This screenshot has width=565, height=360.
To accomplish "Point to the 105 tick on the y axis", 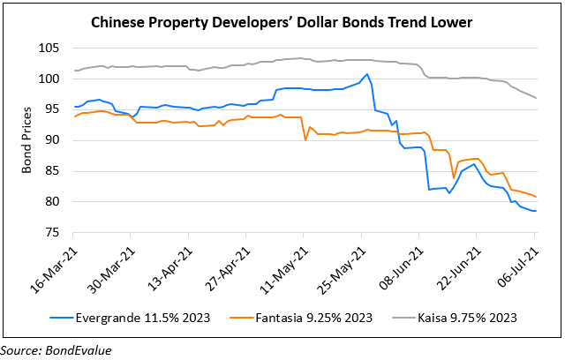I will click(56, 48).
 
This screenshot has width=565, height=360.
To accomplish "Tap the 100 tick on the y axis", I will click(56, 79).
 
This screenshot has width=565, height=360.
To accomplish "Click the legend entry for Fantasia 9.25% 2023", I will click(304, 315).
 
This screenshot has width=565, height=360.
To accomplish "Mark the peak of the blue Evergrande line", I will click(367, 74).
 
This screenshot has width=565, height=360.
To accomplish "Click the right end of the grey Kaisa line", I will click(535, 97).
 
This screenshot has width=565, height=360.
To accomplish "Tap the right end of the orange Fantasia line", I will click(535, 196).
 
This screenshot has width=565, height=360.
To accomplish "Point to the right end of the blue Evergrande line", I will click(535, 211).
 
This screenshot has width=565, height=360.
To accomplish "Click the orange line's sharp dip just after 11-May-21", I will click(305, 139).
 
